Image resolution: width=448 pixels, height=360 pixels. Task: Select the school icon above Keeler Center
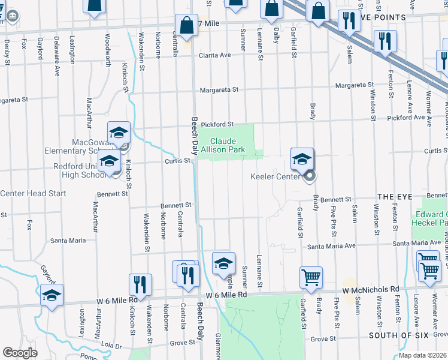302,159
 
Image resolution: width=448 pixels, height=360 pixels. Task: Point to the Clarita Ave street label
216,55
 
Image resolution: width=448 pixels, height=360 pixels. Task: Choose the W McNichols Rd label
371,289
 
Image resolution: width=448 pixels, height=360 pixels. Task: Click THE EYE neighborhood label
392,197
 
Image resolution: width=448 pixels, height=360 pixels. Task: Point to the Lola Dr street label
111,346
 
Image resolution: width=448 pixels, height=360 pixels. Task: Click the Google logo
20,353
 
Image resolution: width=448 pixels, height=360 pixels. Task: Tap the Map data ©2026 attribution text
423,355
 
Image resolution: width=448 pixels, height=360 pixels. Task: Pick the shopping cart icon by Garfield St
311,277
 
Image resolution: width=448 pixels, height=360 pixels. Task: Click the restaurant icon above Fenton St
383,41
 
